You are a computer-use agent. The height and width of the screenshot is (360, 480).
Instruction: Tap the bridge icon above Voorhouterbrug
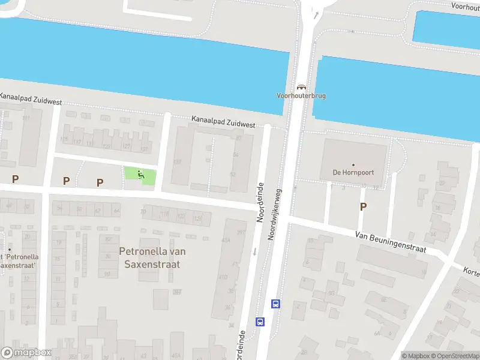click(x=301, y=86)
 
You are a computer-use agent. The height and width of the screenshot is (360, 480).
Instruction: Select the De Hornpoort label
click(x=353, y=172)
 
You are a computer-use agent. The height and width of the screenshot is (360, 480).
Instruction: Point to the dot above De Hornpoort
click(x=353, y=164)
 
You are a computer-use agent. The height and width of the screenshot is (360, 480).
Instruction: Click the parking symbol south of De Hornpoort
click(x=362, y=206)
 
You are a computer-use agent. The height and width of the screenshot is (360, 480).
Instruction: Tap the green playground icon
click(x=141, y=175)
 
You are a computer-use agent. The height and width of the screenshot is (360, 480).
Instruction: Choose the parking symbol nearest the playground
click(x=100, y=182)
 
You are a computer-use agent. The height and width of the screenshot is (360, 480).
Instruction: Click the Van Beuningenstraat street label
click(x=391, y=242)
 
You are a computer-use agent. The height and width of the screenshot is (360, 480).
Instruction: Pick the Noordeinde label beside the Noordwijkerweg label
click(x=261, y=203)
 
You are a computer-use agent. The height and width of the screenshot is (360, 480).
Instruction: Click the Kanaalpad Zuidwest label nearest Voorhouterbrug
click(x=223, y=122)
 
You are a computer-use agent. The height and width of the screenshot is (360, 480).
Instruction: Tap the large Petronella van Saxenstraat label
click(x=150, y=257)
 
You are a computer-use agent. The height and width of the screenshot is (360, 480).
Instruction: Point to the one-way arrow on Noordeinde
click(x=254, y=251)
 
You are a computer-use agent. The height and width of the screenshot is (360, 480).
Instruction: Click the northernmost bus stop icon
click(x=276, y=304)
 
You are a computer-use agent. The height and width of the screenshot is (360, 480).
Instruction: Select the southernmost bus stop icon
click(x=260, y=322)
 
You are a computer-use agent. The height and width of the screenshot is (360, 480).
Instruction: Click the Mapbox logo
click(x=26, y=352)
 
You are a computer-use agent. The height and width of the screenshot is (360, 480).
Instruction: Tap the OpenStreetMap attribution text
click(x=455, y=356)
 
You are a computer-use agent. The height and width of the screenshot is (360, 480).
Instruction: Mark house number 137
click(x=177, y=161)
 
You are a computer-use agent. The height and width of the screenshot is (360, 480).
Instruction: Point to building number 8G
click(x=331, y=294)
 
